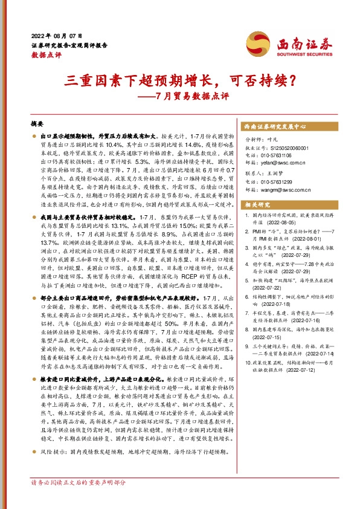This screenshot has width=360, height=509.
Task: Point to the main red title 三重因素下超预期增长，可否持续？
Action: click(180, 79)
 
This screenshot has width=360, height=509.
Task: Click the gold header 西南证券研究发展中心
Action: click(275, 128)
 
